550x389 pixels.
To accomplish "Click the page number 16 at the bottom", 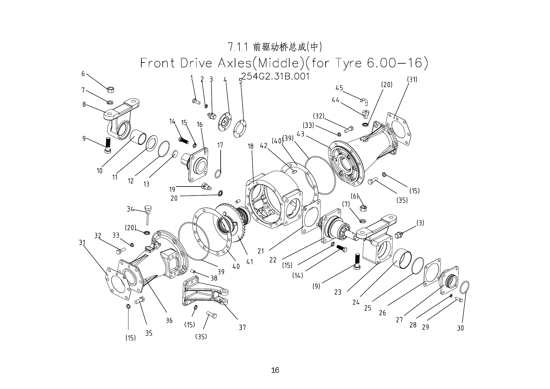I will (x=275, y=370).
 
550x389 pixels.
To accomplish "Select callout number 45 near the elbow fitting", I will (x=339, y=88).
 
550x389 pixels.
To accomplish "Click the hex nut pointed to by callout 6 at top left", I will (x=110, y=90).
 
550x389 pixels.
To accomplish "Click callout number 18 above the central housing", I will (x=250, y=146).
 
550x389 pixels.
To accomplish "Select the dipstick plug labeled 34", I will (x=147, y=213).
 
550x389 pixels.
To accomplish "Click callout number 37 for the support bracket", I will (x=242, y=328).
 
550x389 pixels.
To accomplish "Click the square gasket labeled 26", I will (x=432, y=272).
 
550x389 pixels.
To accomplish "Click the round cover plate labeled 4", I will (x=225, y=120).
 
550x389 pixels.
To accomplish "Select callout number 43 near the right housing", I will (x=300, y=134).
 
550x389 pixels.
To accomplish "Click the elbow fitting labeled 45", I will (x=364, y=101).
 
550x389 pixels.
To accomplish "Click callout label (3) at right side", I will (x=420, y=223).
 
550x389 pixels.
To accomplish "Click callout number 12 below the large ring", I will (x=131, y=181).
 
